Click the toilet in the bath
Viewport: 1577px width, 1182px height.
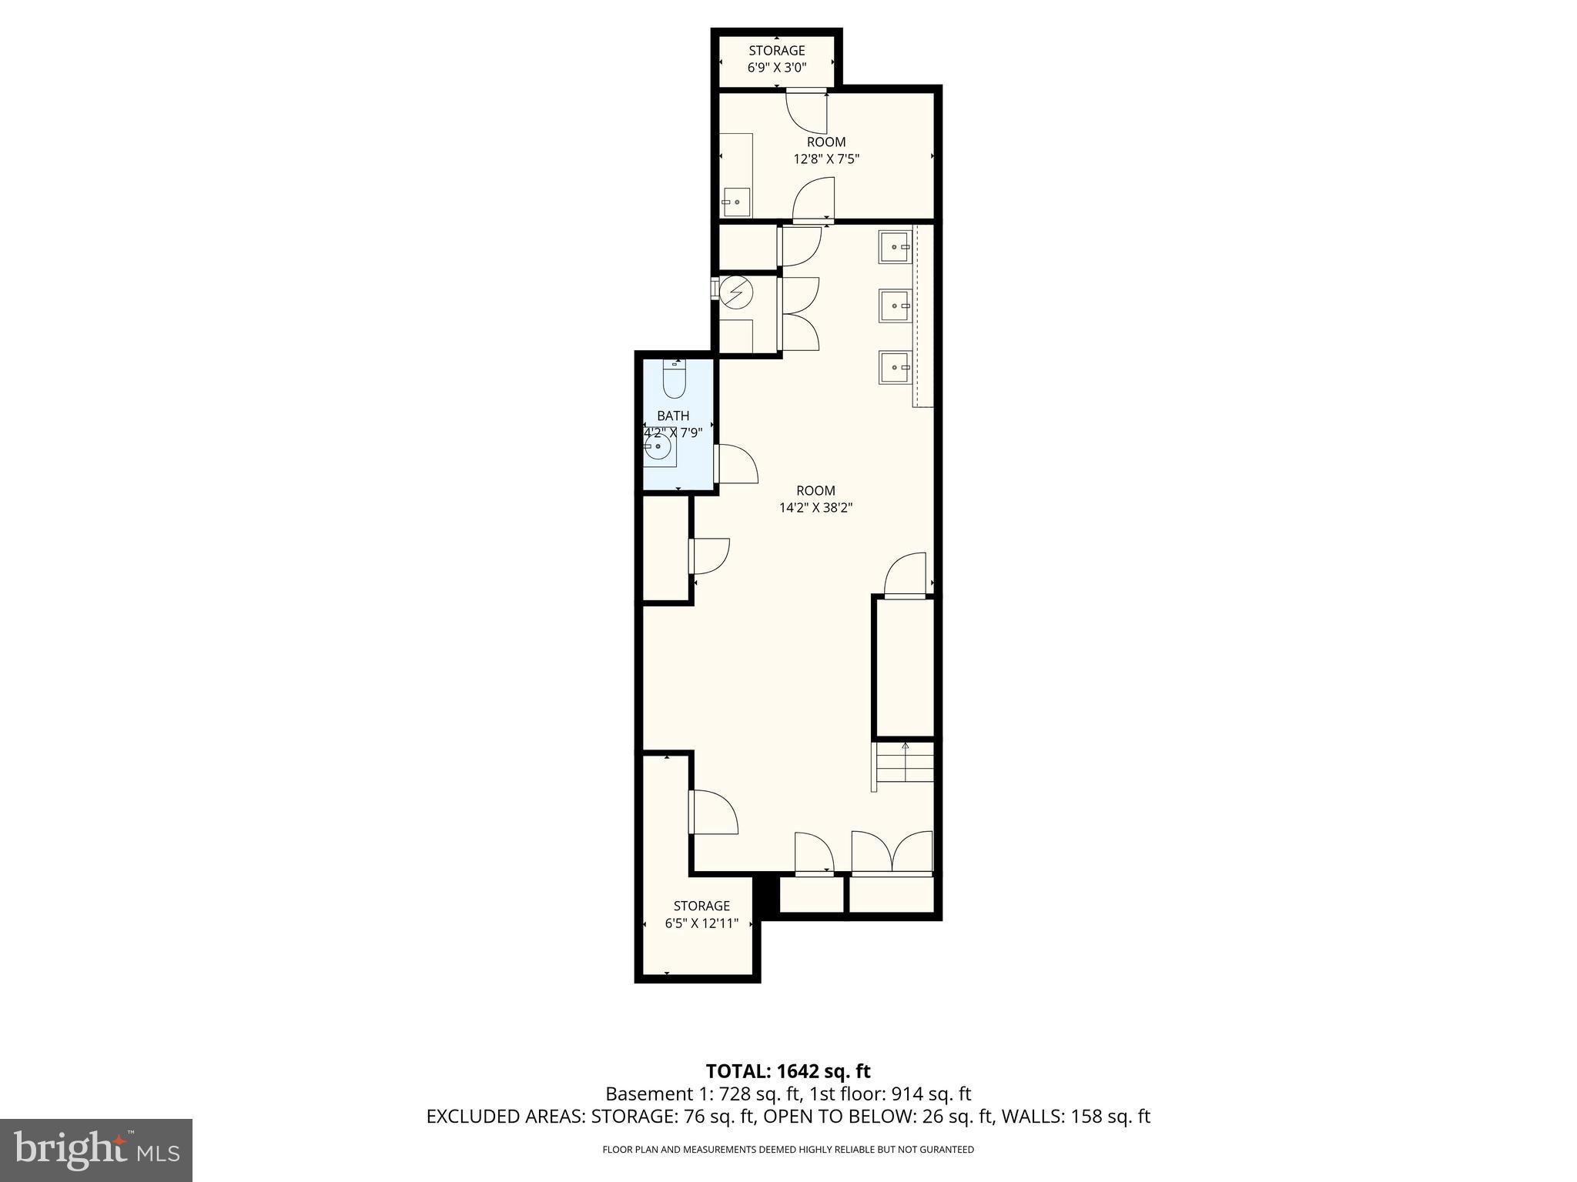tap(675, 379)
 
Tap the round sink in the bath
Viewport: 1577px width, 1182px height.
tap(658, 447)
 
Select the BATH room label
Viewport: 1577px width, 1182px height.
tap(673, 416)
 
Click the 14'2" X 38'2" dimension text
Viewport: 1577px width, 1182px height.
tap(815, 508)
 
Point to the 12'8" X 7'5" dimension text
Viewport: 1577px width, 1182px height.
tap(826, 159)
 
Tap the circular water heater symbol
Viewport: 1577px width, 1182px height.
tap(736, 293)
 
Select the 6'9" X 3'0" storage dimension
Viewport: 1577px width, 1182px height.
tap(776, 68)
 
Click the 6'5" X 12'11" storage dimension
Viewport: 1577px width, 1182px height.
tap(701, 923)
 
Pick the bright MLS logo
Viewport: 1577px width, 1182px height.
tap(96, 1150)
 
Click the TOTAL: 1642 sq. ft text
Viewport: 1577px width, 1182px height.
tap(788, 1071)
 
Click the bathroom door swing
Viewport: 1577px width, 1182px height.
tap(737, 464)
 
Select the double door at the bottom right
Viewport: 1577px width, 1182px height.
tap(892, 853)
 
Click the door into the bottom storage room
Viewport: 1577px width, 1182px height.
tap(713, 813)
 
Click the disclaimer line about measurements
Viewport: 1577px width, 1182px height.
tap(788, 1150)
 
